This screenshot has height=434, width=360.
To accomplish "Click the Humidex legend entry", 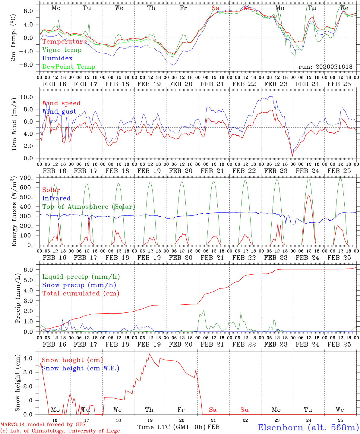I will pyautogui.click(x=57, y=58).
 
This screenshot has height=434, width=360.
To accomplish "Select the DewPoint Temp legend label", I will pyautogui.click(x=69, y=67).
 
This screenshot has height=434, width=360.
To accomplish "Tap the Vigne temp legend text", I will pyautogui.click(x=62, y=50).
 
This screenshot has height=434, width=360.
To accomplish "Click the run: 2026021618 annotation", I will pyautogui.click(x=325, y=67).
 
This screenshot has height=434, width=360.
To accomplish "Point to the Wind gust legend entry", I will pyautogui.click(x=59, y=112).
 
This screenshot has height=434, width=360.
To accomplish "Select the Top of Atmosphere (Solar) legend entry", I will pyautogui.click(x=88, y=207).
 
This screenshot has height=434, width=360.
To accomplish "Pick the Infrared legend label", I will pyautogui.click(x=56, y=198).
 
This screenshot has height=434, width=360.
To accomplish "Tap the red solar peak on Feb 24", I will pyautogui.click(x=308, y=196).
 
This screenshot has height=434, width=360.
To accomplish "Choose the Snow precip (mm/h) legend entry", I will pyautogui.click(x=79, y=285).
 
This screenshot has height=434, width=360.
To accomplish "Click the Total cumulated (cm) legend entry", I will pyautogui.click(x=81, y=294).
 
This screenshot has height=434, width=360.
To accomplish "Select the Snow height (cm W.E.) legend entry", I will pyautogui.click(x=80, y=368).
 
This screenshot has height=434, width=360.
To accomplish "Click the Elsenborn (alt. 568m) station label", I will pyautogui.click(x=308, y=427).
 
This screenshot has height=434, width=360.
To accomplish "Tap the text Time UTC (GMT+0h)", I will pyautogui.click(x=171, y=427).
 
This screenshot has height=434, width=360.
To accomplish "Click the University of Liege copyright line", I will pyautogui.click(x=60, y=431).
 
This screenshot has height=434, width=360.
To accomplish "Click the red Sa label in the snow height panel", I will pyautogui.click(x=213, y=410).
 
